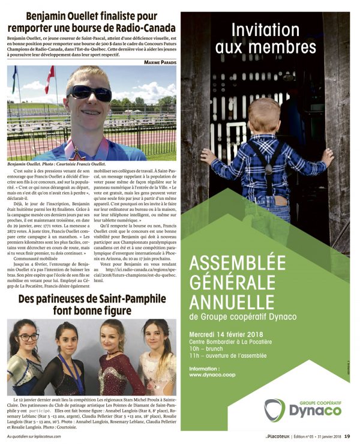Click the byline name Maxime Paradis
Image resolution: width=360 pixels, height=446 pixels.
[x=160, y=61]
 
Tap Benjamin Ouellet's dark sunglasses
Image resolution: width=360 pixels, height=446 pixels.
[x=89, y=93]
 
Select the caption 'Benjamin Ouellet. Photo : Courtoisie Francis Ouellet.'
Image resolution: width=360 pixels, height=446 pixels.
[x=53, y=163]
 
